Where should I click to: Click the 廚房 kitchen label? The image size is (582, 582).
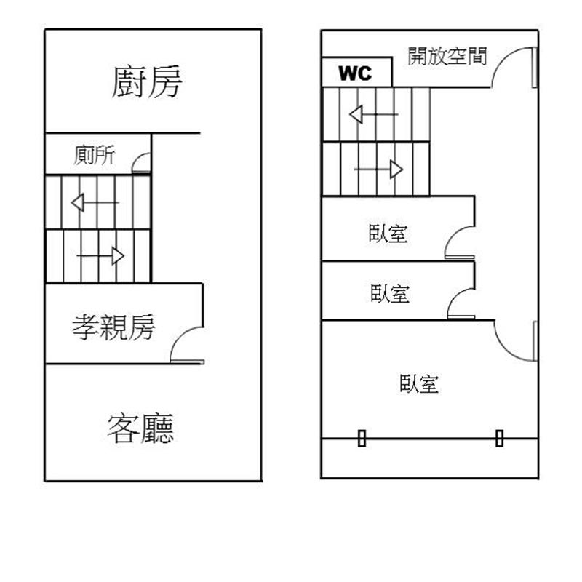coord(147,81)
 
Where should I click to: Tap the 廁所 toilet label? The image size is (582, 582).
coord(95,155)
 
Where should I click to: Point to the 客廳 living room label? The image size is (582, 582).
coord(140,428)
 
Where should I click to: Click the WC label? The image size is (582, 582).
coord(355,73)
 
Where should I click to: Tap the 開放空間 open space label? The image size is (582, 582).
coord(447,56)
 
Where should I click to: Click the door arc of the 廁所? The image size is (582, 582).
coord(141,162)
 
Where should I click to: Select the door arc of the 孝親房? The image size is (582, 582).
coord(187,344)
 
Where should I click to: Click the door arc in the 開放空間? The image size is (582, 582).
coord(514,67)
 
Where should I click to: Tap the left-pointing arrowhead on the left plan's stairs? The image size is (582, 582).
coord(78,203)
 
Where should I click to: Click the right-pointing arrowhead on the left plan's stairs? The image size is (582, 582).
coord(118,256)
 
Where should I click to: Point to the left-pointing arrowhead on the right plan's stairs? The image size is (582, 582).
coord(356,114)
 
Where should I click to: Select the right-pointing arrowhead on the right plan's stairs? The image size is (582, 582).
coord(396,170)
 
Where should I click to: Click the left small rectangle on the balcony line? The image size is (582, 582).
coord(362,439)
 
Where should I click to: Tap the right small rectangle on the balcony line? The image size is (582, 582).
coord(500,439)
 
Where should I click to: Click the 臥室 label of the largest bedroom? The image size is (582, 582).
coord(419,384)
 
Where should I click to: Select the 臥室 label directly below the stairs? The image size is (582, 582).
coord(388,234)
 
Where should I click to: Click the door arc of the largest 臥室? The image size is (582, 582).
coord(515,340)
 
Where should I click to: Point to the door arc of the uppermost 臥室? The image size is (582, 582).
coord(460,242)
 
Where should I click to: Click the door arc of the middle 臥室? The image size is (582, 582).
coord(461,303)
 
